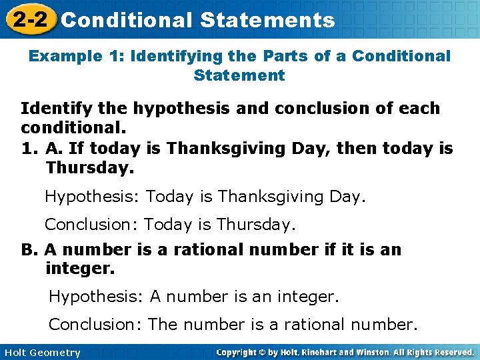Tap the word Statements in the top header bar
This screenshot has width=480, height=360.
coord(267,20)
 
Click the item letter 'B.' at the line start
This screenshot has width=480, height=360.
coord(30,249)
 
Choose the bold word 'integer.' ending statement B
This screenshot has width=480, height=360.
coord(80,269)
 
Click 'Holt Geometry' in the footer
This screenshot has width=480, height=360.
coord(41,353)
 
